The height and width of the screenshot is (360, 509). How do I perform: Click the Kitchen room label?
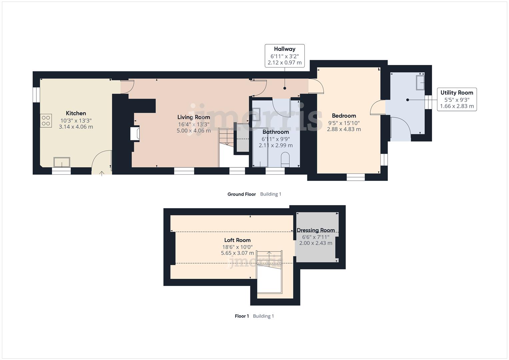76,113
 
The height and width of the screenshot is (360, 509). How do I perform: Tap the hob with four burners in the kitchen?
46,121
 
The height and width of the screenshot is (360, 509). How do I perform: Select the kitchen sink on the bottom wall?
62,163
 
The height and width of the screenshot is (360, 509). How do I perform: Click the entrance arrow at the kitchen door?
102,173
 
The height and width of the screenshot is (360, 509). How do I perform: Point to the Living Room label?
194,117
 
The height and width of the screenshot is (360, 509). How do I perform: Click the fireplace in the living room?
135,133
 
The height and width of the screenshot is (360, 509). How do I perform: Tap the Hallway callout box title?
285,49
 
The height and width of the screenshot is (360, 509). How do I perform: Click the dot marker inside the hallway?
285,88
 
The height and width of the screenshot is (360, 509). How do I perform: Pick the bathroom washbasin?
256,114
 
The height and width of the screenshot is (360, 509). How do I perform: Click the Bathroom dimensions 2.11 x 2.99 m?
276,145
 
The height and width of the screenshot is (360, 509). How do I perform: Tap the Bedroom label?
344,116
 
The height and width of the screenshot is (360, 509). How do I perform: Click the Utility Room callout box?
457,99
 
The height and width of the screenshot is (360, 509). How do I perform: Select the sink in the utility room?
420,82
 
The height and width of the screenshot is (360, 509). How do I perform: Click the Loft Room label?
237,240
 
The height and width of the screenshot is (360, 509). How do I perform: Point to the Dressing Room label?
316,230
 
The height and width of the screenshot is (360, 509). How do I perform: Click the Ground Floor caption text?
242,194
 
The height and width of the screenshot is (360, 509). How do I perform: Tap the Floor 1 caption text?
242,316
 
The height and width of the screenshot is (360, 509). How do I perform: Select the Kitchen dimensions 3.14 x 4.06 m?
76,127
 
